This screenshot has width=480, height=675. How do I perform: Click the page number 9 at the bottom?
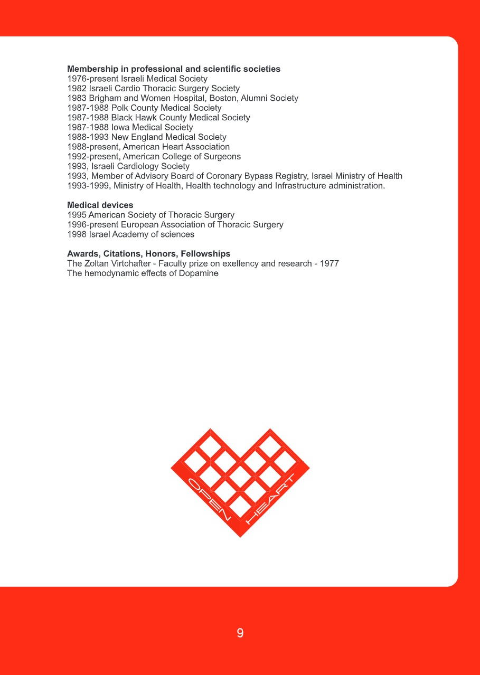[240, 633]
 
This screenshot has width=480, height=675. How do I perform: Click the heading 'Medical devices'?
[100, 205]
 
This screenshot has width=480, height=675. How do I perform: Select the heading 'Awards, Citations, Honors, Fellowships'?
[148, 254]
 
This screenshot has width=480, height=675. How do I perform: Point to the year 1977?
[329, 263]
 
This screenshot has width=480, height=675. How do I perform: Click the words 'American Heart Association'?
[176, 147]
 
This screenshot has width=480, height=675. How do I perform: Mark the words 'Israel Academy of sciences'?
[142, 234]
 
